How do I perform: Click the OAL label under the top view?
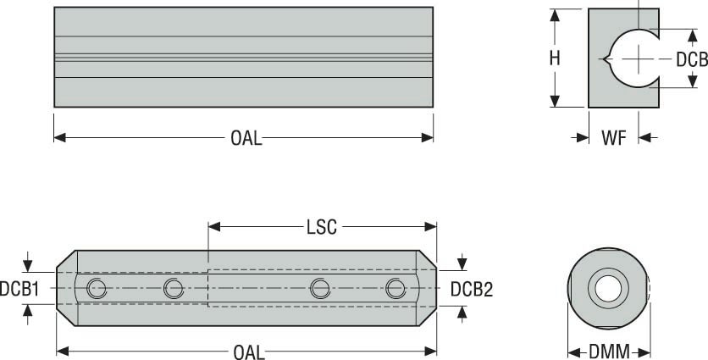click(x=246, y=138)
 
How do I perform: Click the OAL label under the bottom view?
click(x=249, y=352)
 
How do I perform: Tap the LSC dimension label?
click(x=322, y=227)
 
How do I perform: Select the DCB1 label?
click(x=19, y=289)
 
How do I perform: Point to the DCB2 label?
click(x=472, y=289)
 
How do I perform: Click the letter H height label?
click(x=555, y=58)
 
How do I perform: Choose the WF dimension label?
click(x=614, y=138)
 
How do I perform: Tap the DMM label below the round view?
click(x=609, y=352)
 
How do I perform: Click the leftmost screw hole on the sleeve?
click(x=97, y=289)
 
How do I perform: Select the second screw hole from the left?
click(x=174, y=289)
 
